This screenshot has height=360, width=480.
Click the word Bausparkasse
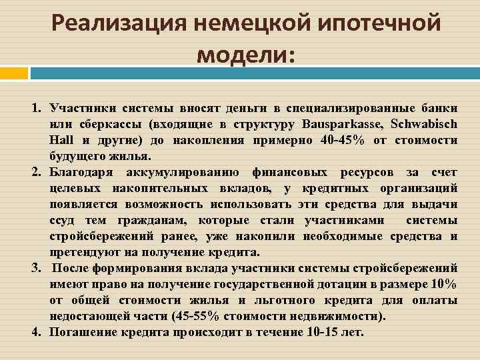coord(336,124)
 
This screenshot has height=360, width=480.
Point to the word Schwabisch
coord(424,124)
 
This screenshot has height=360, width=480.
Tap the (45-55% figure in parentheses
coord(197,316)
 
